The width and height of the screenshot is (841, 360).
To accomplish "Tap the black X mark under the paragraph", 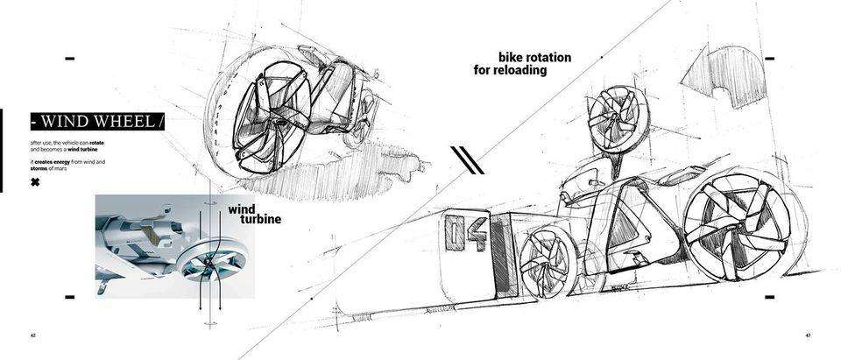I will tap(35, 182).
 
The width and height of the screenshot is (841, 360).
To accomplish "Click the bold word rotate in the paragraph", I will tap(96, 143).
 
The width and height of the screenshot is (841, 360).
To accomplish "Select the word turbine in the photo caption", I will tap(260, 219).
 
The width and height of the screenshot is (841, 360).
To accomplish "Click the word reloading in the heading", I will tap(523, 70).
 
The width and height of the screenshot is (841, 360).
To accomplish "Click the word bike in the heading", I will tap(512, 58).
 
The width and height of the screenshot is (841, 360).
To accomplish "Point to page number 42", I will tap(33, 335).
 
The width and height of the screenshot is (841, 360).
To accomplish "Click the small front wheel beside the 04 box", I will tap(548, 263).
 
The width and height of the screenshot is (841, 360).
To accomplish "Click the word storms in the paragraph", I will tap(43, 167).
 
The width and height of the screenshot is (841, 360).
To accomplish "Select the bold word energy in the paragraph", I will tap(67, 161).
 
